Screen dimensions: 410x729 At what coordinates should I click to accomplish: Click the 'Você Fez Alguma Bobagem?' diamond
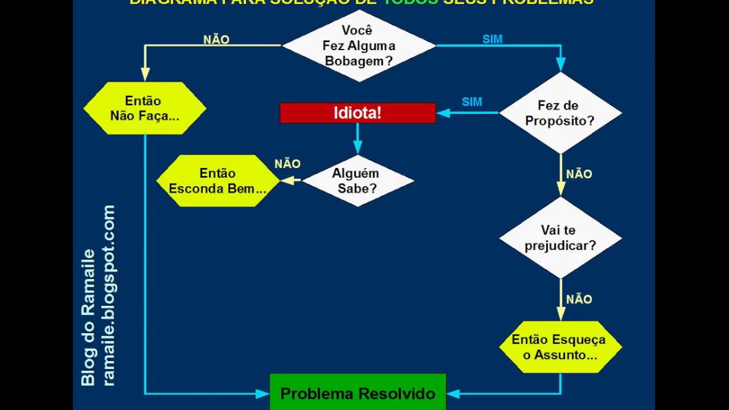pos(359,46)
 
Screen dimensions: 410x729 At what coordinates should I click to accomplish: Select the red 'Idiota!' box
pos(358,113)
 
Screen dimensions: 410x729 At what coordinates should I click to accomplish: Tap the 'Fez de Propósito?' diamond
pos(560,113)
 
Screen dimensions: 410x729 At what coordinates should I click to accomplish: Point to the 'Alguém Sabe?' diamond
pos(358,181)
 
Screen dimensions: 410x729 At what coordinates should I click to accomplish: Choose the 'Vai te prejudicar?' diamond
pos(560,238)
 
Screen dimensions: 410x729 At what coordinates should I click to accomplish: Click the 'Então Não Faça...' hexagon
pos(145,108)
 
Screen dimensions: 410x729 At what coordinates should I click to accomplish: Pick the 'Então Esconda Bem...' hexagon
pos(218,181)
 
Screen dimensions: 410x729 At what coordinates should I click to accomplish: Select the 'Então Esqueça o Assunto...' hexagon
pos(560,347)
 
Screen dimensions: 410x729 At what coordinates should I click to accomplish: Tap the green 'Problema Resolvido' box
pos(358,393)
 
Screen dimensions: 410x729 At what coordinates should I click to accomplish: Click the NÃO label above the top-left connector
pos(216,40)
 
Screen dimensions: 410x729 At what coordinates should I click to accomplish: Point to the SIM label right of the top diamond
pos(493,39)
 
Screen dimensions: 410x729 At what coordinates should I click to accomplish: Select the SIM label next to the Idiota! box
pos(472,102)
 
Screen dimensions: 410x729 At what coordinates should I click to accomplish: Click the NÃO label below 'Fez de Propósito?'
pos(579,174)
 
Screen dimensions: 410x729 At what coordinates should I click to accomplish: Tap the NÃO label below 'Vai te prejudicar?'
pos(579,300)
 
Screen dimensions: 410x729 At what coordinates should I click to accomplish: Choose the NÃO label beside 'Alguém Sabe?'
pos(288,164)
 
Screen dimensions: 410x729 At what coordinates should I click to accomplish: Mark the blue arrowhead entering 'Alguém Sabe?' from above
pos(358,149)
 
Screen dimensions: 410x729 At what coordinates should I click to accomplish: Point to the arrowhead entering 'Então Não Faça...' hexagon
pos(145,75)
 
